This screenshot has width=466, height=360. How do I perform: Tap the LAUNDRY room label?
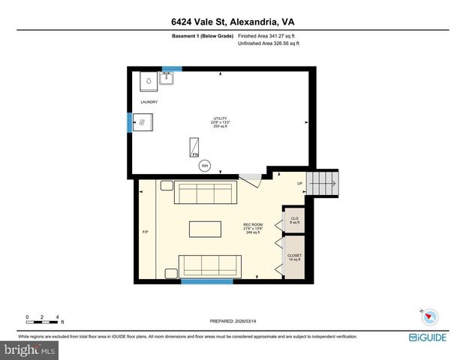point(149,101)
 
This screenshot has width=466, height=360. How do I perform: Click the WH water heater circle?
point(203,166)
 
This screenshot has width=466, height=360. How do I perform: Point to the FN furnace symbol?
point(195,146)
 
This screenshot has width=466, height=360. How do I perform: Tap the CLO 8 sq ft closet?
point(294,220)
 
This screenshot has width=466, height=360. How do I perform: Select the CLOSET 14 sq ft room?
point(294,257)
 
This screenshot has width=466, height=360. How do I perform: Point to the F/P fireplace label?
point(146,232)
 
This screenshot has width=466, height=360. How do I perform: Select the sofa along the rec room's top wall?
point(205,193)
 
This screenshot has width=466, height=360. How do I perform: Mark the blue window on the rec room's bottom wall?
point(207,282)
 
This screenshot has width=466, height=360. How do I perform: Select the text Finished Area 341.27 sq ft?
point(268,34)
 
